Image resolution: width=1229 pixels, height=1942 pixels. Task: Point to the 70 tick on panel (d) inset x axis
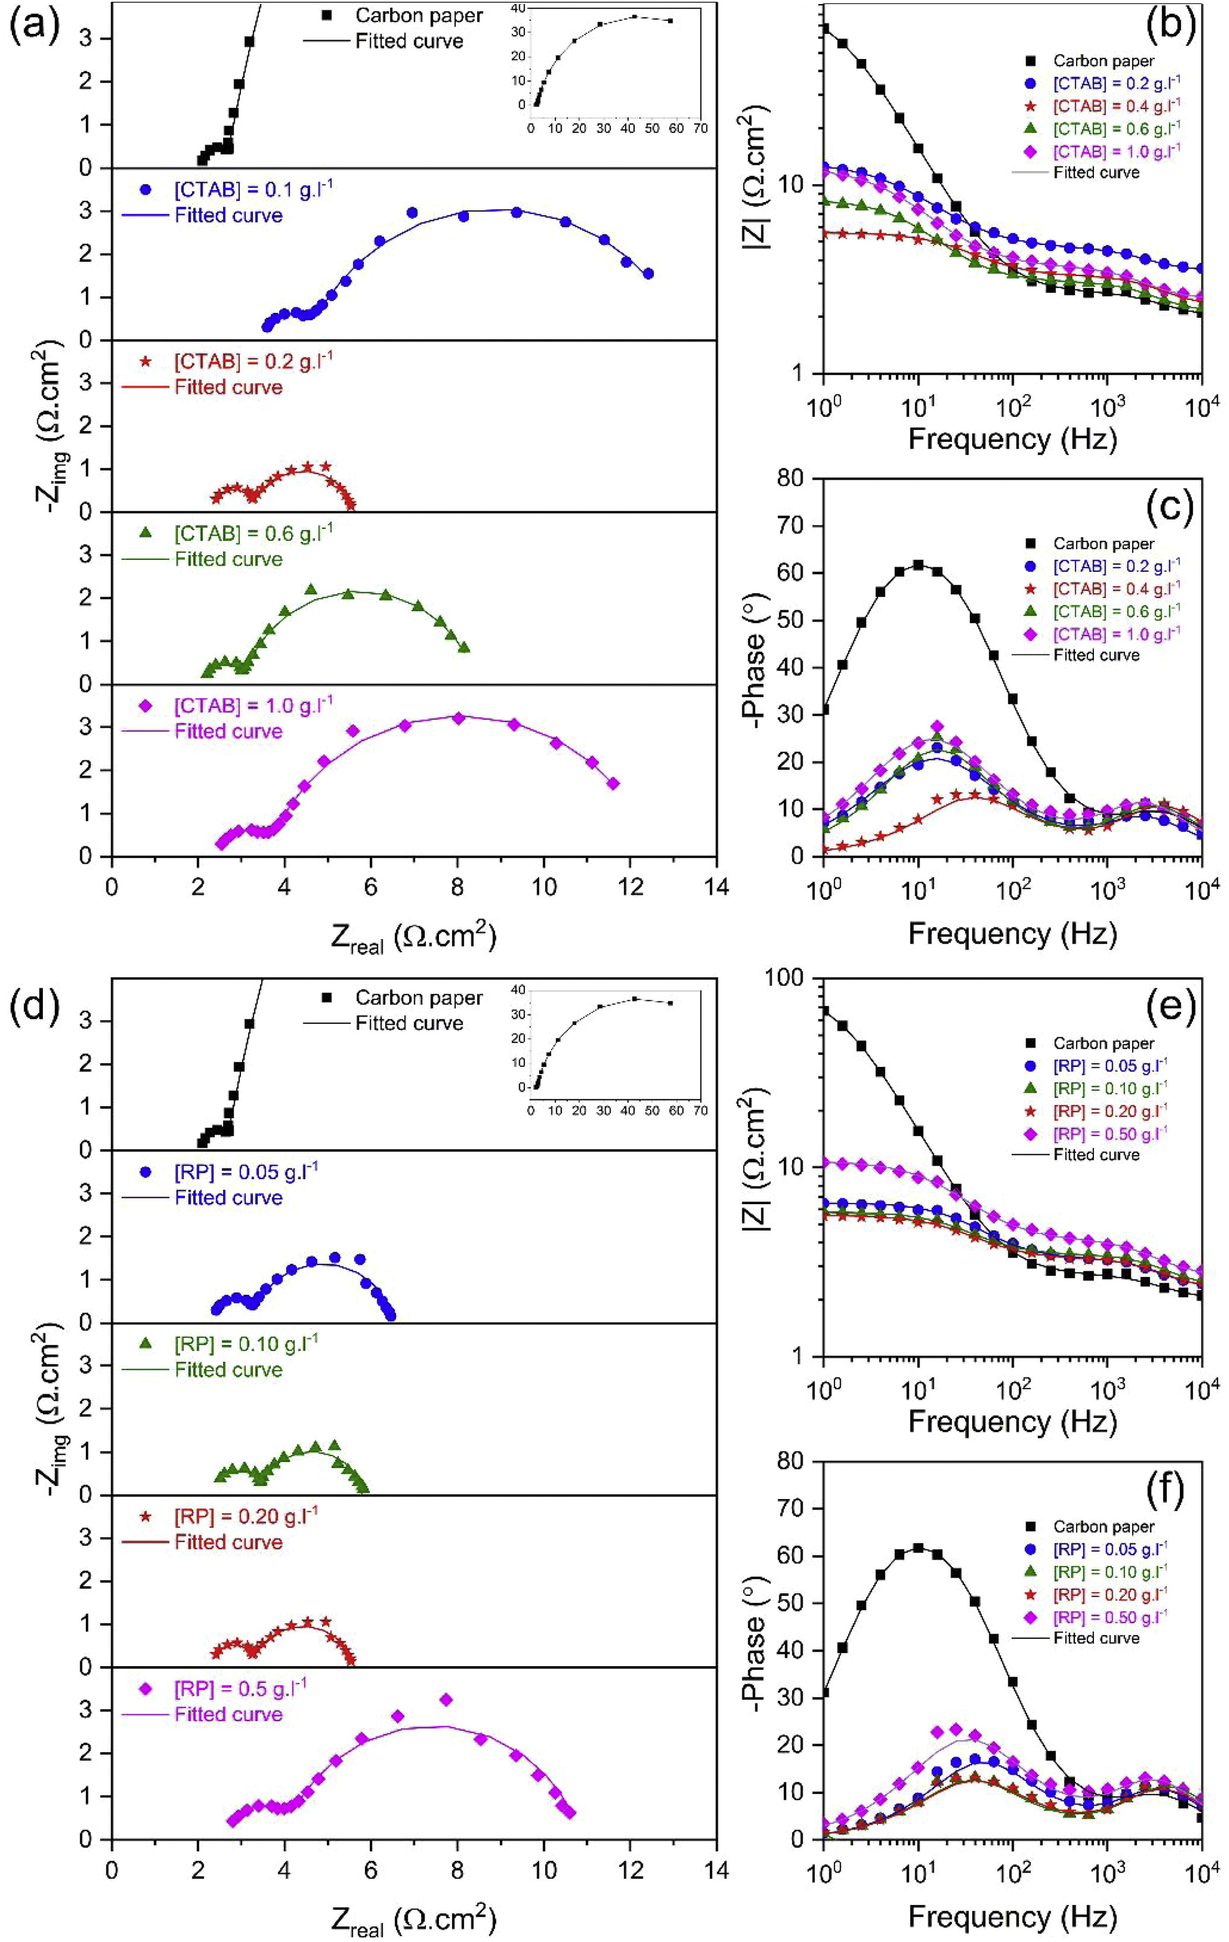701,1111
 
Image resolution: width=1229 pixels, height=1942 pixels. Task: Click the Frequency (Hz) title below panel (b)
1012,439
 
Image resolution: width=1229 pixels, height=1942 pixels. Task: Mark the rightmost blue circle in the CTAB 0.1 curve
647,274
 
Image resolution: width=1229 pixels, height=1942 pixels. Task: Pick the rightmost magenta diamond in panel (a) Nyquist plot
613,783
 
